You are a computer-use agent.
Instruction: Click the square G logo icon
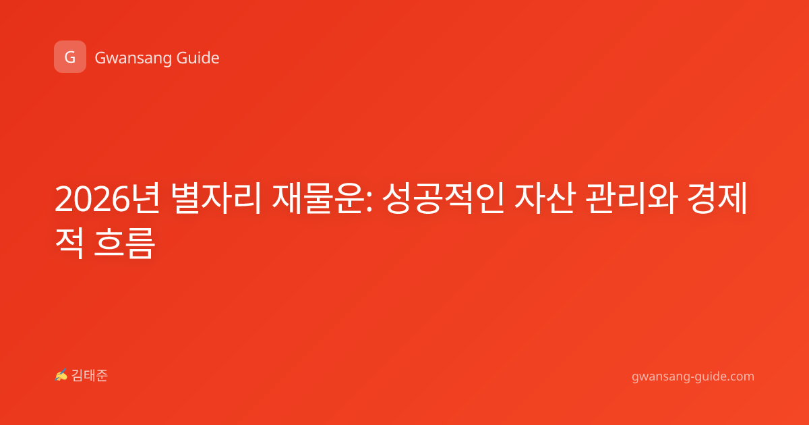coord(70,57)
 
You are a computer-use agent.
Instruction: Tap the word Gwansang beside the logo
coord(132,59)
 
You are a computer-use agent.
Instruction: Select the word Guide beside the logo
coord(198,57)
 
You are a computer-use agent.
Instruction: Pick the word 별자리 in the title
coord(216,198)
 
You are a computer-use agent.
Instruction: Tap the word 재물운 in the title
coord(317,198)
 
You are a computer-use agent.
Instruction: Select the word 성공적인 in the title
coord(443,198)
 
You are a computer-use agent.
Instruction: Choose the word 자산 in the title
coord(545,198)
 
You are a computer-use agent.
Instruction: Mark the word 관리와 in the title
coord(630,198)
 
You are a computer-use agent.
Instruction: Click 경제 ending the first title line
coord(717,198)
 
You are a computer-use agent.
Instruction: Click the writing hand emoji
coord(61,375)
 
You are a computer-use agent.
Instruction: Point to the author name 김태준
coord(89,376)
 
